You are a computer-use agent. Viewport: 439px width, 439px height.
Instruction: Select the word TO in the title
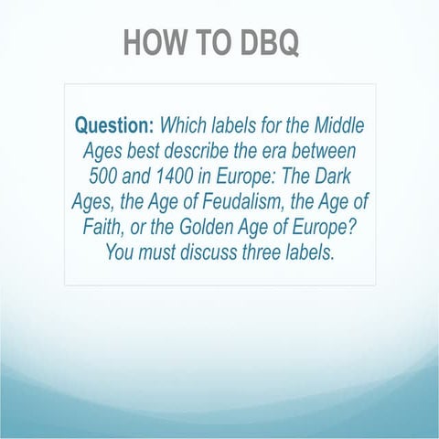(x=207, y=42)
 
